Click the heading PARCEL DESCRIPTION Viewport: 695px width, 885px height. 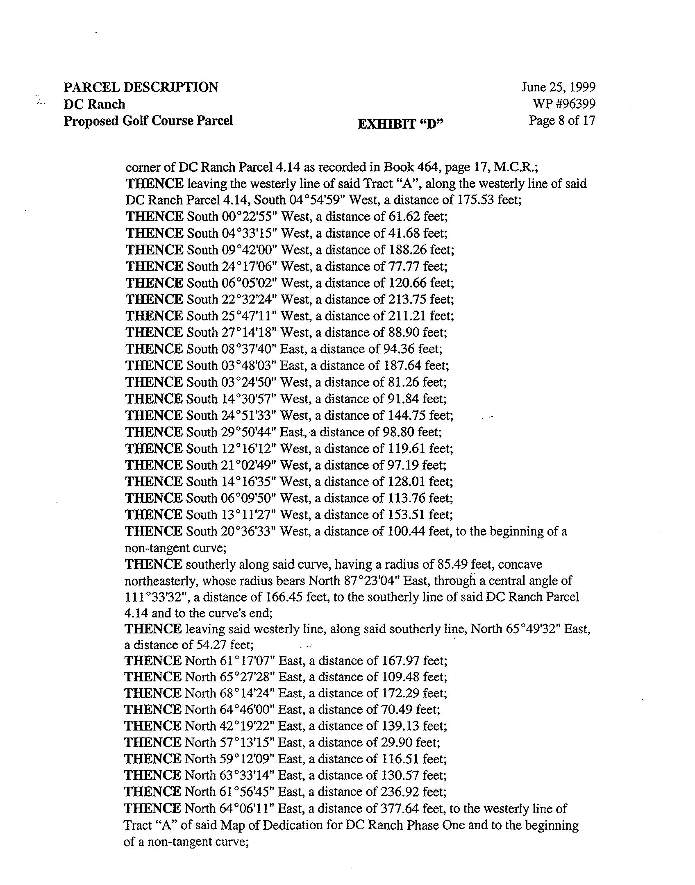pyautogui.click(x=141, y=87)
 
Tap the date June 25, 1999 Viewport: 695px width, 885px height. pyautogui.click(x=558, y=87)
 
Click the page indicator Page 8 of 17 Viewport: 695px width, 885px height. pyautogui.click(x=561, y=121)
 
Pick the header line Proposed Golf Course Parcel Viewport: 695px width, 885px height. pyautogui.click(x=148, y=121)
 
